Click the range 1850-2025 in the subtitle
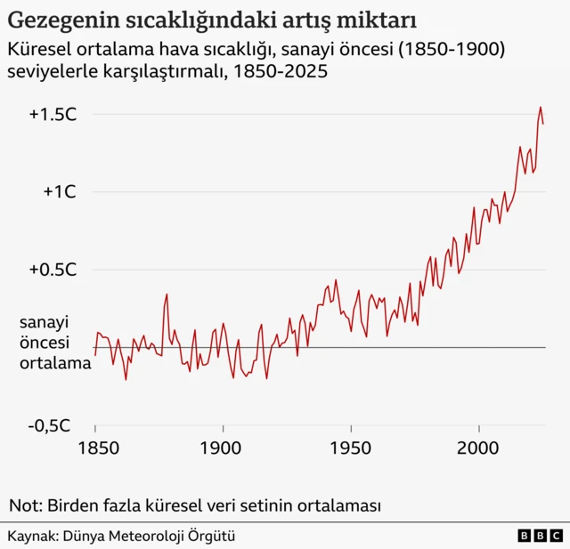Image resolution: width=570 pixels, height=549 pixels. coord(279,71)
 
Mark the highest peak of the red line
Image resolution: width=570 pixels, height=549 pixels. coord(540,108)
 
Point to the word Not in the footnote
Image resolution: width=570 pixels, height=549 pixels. coord(23,506)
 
